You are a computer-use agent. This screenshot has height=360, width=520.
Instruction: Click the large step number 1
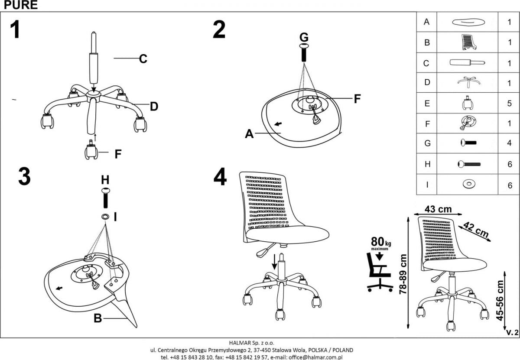point(16,30)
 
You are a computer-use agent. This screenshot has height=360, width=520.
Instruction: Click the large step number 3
point(24,177)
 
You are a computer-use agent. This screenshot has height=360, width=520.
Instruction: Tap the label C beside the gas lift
point(143,59)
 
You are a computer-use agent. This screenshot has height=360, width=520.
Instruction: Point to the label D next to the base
point(154,106)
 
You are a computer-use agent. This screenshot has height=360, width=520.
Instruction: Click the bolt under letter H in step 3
point(105,199)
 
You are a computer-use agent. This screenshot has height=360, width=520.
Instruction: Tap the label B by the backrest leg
point(98,319)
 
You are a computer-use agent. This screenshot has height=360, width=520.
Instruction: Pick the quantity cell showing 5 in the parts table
point(510,104)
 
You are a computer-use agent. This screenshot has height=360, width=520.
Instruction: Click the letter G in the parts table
point(427,143)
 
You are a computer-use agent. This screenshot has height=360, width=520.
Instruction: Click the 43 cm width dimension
point(438,209)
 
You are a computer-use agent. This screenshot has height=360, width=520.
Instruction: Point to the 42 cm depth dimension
point(476,229)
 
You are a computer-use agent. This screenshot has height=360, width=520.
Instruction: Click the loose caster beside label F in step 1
point(91,152)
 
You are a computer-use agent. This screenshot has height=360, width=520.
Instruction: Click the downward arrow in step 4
point(274,262)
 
